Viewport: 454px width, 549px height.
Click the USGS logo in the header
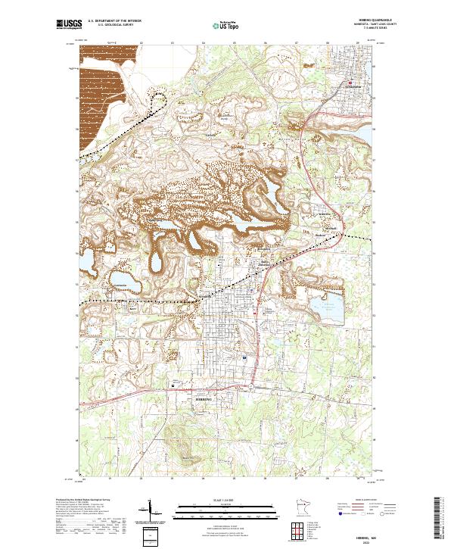point(69,24)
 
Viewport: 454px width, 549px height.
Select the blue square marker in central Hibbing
point(244,357)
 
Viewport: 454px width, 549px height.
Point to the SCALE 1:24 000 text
point(227,500)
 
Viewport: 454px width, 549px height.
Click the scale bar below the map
point(227,508)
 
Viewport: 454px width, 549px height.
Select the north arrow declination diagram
point(149,509)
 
